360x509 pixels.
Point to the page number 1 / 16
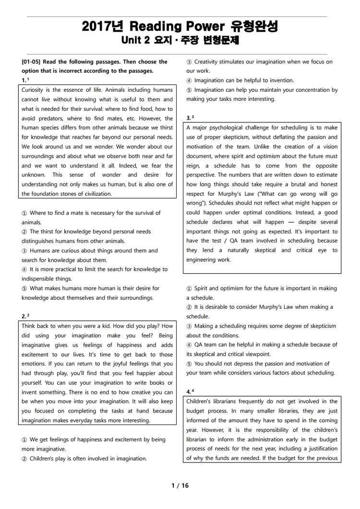(180, 485)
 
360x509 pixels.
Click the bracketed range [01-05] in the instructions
(32, 62)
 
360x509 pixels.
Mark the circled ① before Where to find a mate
(24, 213)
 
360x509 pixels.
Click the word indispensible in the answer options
(40, 279)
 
